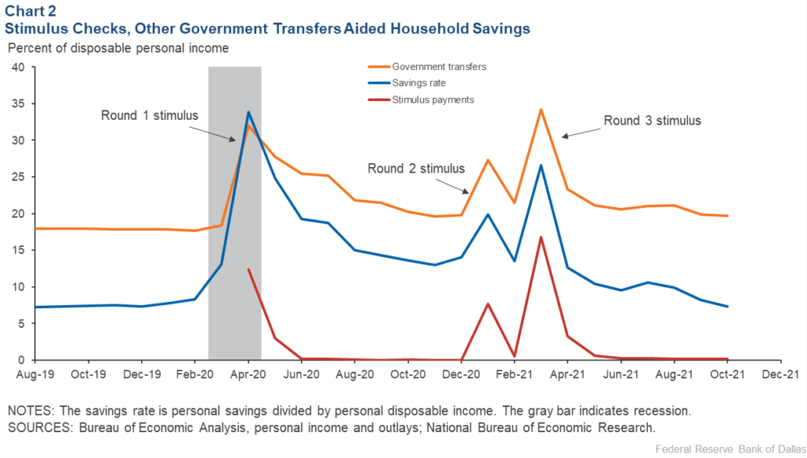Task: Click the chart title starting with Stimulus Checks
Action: point(268,28)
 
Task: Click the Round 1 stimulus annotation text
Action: point(150,115)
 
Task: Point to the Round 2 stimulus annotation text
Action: point(417,168)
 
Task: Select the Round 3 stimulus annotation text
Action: point(652,121)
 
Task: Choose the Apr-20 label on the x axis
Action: point(248,375)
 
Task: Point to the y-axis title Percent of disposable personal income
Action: point(118,48)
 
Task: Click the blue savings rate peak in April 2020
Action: point(248,112)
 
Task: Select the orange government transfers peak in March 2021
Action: point(541,110)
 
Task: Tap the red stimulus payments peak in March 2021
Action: point(541,237)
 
